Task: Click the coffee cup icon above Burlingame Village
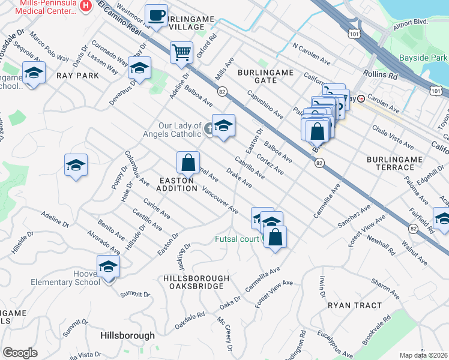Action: pyautogui.click(x=157, y=16)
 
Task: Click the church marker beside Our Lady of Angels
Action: pyautogui.click(x=208, y=127)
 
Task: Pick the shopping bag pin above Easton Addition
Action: pyautogui.click(x=188, y=162)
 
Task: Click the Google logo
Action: pyautogui.click(x=20, y=353)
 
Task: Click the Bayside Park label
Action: pyautogui.click(x=423, y=58)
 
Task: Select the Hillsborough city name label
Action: pyautogui.click(x=127, y=335)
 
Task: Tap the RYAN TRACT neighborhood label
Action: pyautogui.click(x=355, y=305)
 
